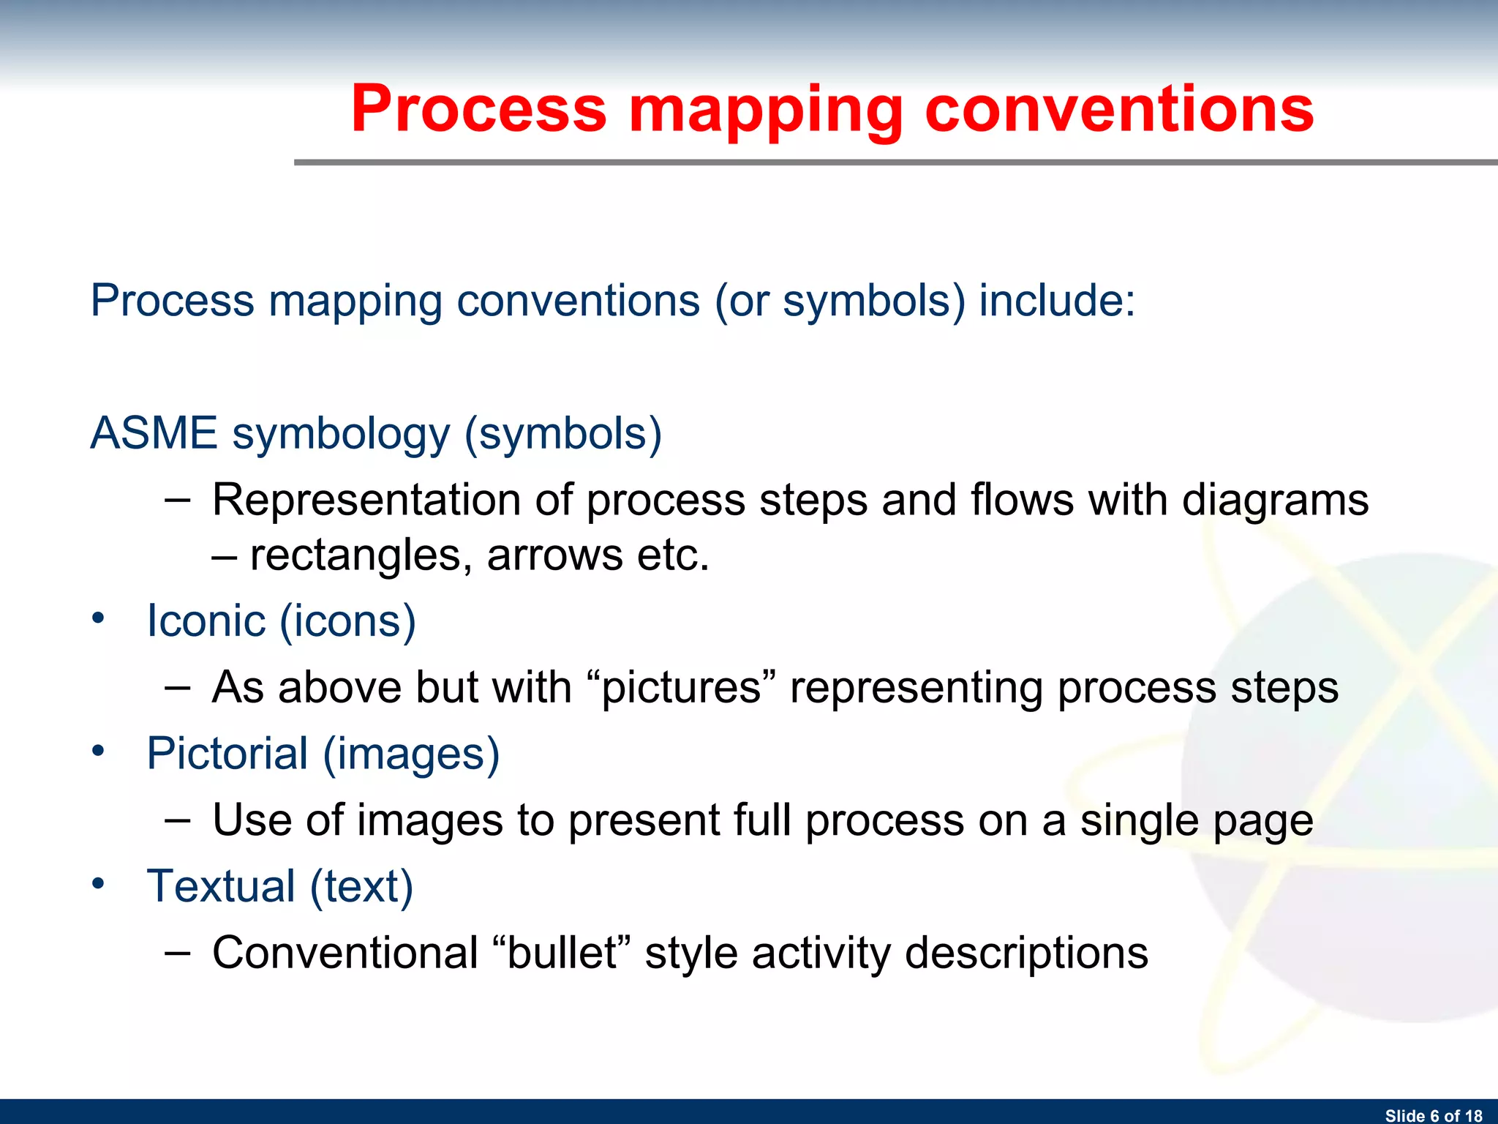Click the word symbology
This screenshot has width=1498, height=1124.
click(x=341, y=434)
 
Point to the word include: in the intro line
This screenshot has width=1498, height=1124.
click(x=1057, y=300)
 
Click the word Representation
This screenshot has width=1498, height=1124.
click(x=366, y=501)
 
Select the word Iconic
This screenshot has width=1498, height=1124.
click(x=206, y=621)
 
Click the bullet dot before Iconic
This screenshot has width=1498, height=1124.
click(x=99, y=618)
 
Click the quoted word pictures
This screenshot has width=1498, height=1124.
click(x=681, y=688)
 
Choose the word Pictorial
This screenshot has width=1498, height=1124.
click(x=227, y=754)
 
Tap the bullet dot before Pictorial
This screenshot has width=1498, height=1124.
click(x=99, y=751)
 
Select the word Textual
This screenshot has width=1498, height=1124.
click(x=221, y=886)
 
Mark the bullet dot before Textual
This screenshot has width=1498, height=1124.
click(x=99, y=883)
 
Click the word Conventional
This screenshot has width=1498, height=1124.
click(x=345, y=953)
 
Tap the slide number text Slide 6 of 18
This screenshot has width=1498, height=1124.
click(x=1434, y=1115)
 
